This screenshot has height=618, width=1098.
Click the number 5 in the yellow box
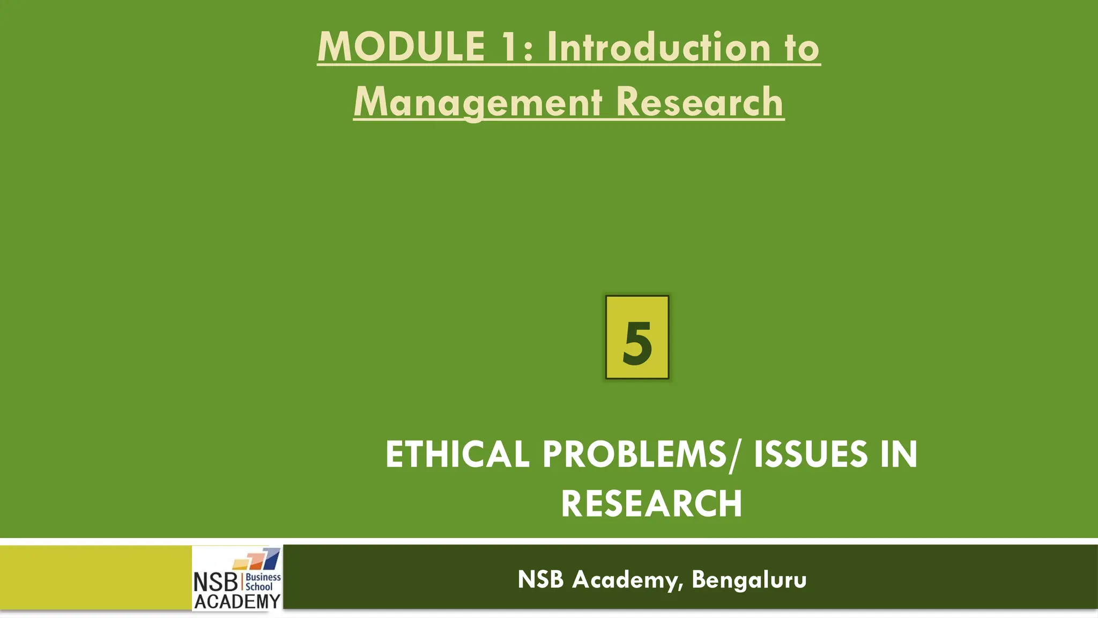click(637, 343)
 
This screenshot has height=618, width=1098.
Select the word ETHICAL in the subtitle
click(457, 454)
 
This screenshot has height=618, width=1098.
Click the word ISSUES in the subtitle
click(811, 454)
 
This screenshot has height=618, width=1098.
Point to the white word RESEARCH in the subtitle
click(651, 504)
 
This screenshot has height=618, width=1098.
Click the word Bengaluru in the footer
click(749, 579)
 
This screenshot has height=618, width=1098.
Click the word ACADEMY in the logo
click(237, 602)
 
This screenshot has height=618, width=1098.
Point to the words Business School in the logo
click(263, 582)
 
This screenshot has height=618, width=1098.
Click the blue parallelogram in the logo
click(272, 558)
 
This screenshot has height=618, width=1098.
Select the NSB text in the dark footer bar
click(540, 579)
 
